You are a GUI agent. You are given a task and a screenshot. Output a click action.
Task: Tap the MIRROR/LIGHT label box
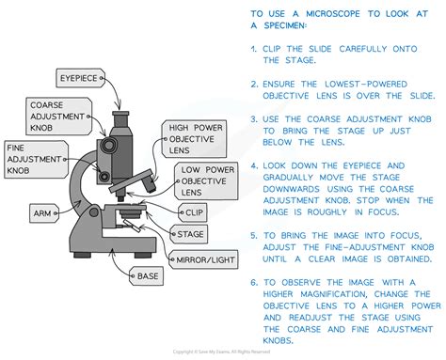tap(202, 258)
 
